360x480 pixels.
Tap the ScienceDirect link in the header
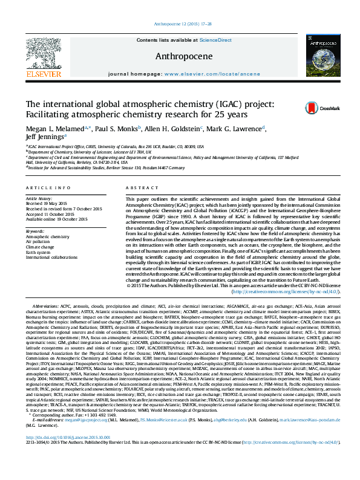point(216,40)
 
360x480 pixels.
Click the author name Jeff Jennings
point(45,137)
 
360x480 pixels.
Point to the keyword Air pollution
point(37,240)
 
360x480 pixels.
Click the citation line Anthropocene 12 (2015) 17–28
point(180,24)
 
